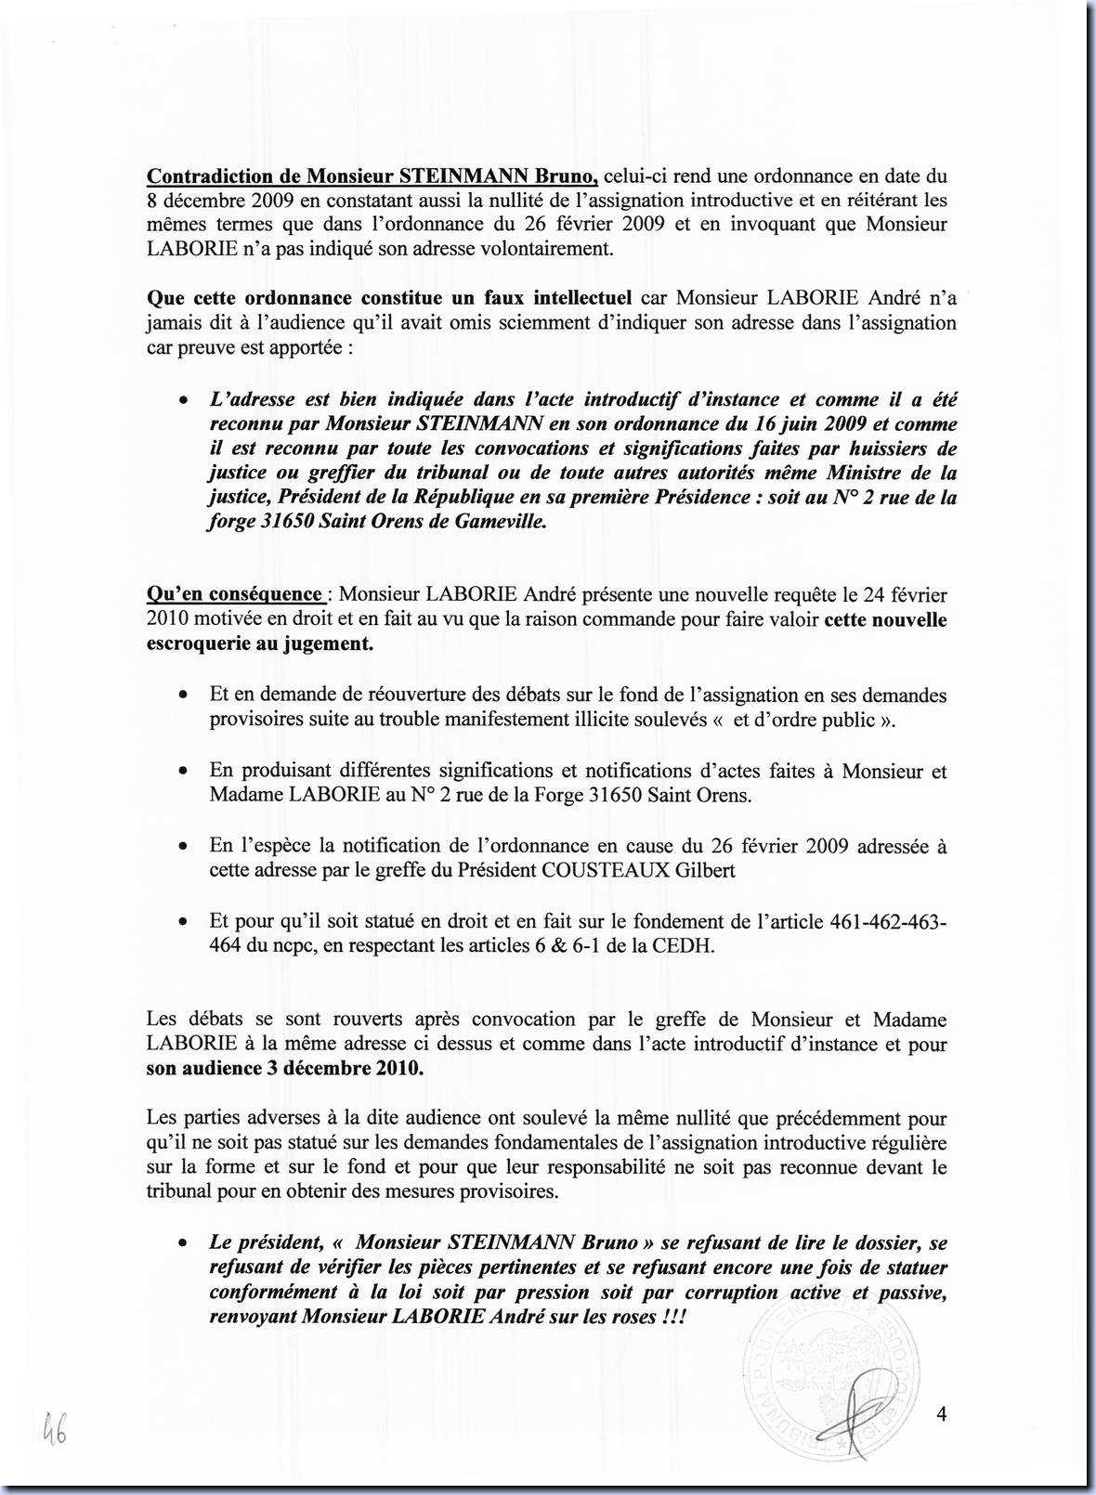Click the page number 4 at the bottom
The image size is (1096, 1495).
pos(942,1414)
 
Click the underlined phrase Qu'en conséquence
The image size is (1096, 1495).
pos(235,594)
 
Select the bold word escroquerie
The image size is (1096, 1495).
pos(198,643)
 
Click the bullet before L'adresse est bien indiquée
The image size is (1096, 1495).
pos(185,401)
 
